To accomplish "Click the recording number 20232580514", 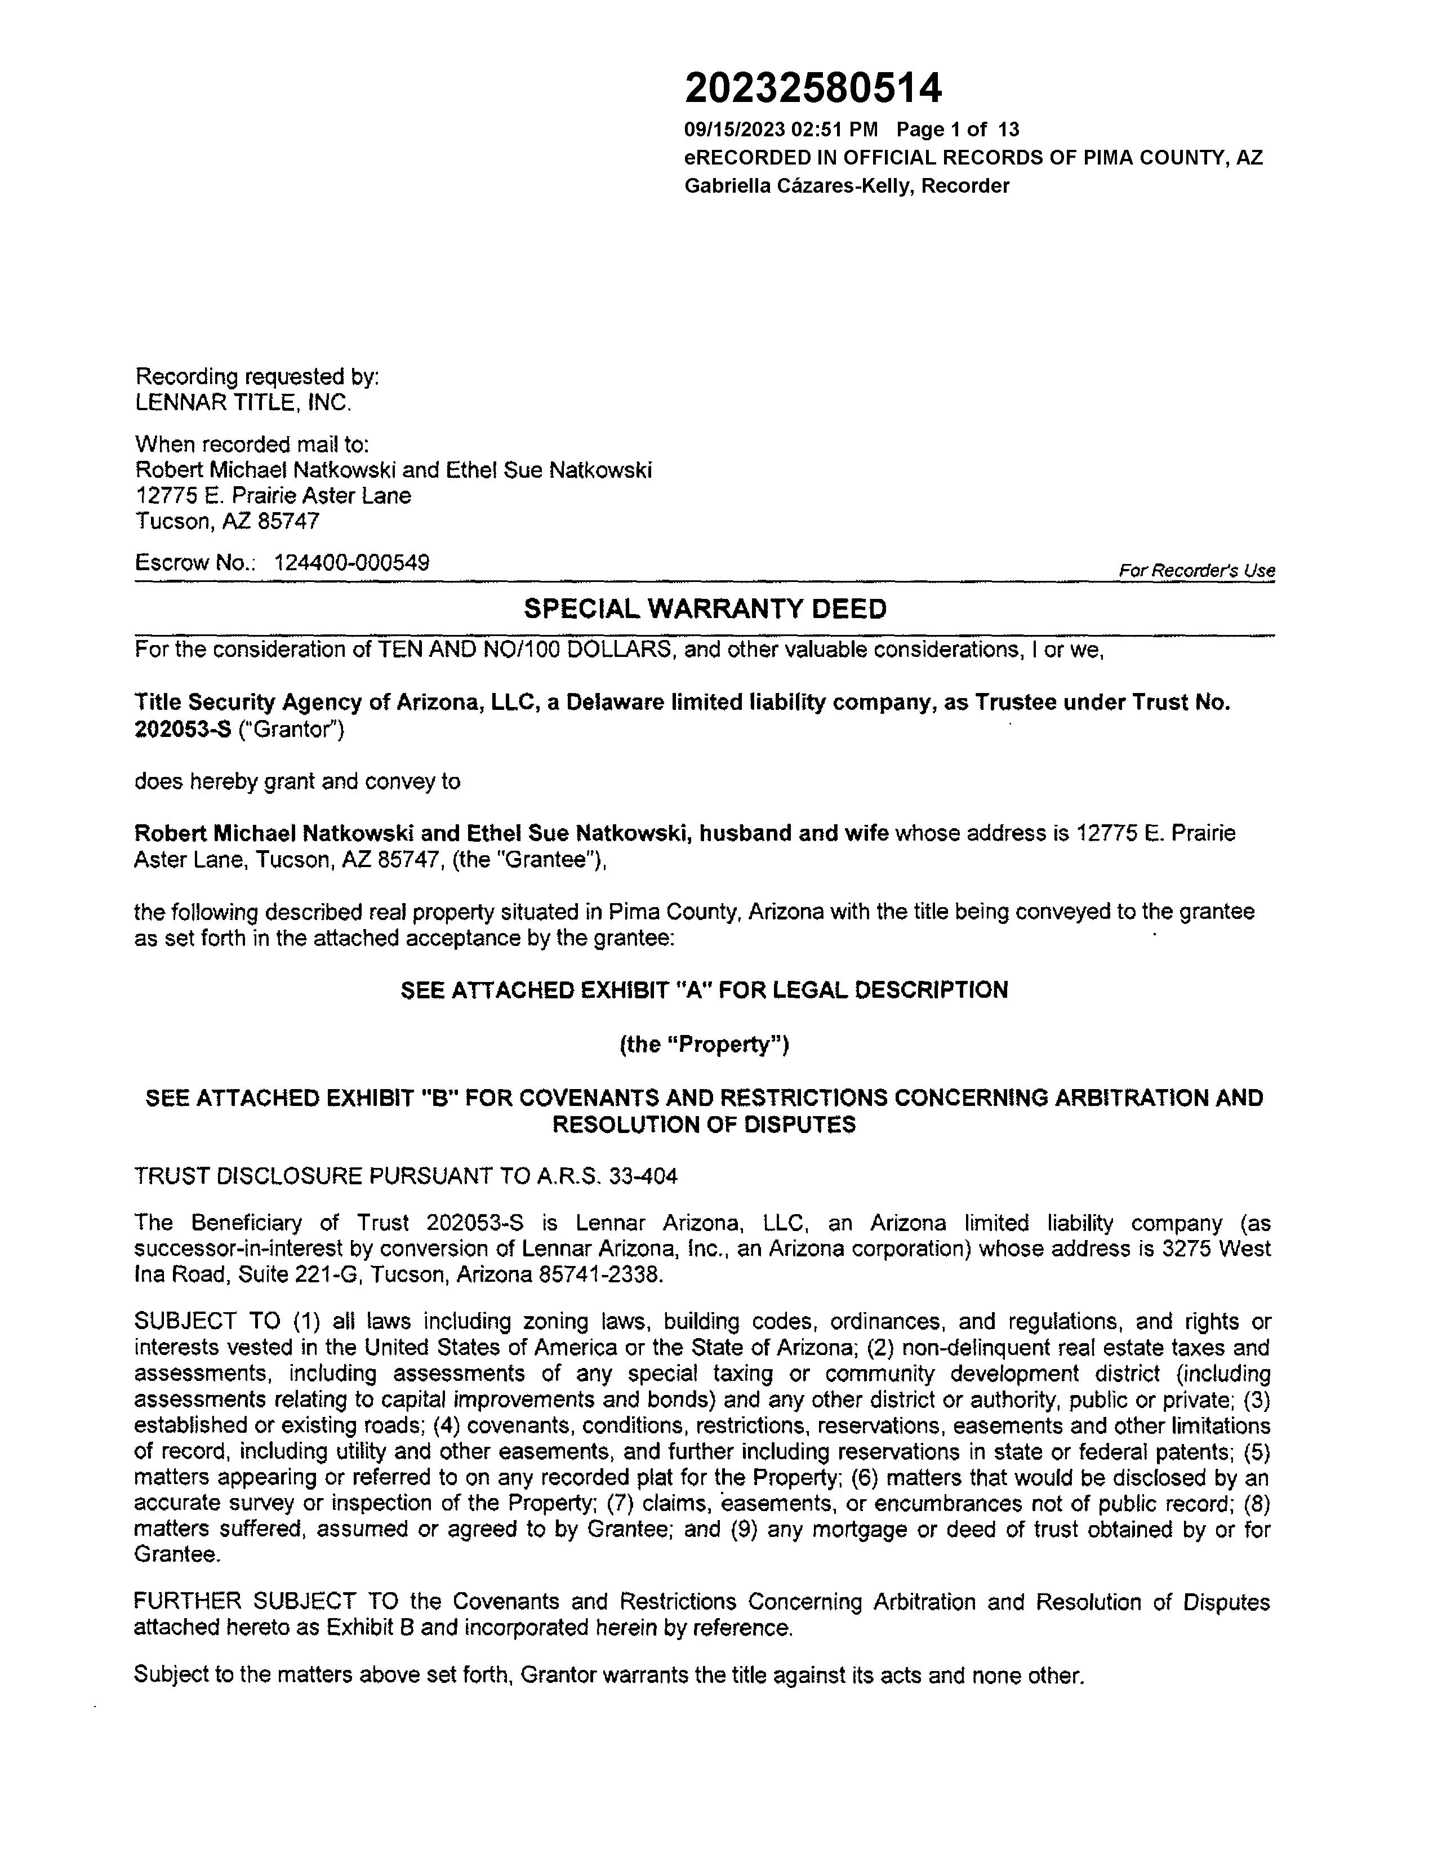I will click(x=813, y=88).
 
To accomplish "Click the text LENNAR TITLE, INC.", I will click(x=243, y=402).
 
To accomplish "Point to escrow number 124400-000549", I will click(x=351, y=563).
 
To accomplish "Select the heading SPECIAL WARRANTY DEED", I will click(x=705, y=609).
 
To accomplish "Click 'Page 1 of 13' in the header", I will click(x=958, y=130).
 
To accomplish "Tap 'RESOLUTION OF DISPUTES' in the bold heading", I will click(x=704, y=1125).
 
